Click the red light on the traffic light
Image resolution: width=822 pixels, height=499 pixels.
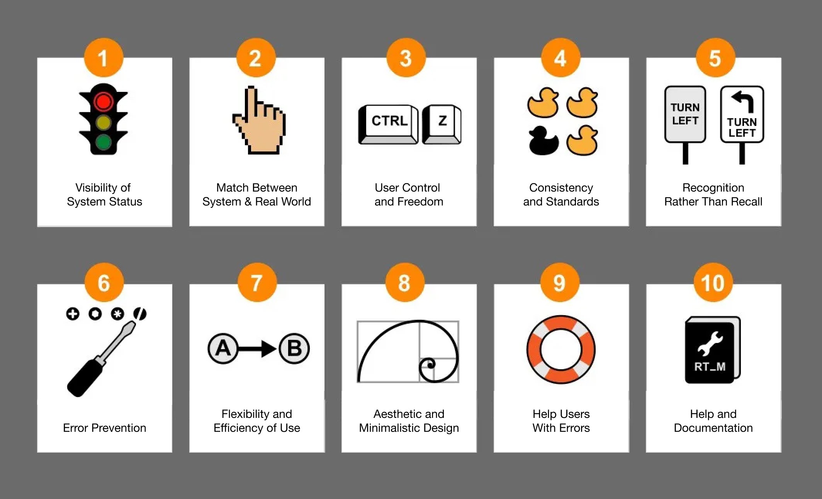[103, 102]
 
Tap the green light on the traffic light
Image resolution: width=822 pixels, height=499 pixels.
[103, 142]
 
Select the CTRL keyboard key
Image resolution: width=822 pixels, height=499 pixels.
[388, 124]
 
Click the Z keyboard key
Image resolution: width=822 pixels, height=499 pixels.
[442, 124]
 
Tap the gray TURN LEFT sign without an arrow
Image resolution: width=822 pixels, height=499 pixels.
[685, 114]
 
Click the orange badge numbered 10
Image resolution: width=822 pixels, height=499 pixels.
[713, 283]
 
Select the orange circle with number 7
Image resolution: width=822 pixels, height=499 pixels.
[257, 283]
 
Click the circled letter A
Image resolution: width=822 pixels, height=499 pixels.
[223, 349]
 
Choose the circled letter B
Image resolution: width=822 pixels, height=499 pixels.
[294, 349]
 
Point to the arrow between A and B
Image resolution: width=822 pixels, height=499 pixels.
[257, 349]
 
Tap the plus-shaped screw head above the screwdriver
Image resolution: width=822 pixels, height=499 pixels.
[73, 314]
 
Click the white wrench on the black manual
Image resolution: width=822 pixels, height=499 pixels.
[710, 343]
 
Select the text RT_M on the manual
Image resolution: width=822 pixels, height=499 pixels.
[710, 367]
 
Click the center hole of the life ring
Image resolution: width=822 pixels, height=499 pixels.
[561, 350]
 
